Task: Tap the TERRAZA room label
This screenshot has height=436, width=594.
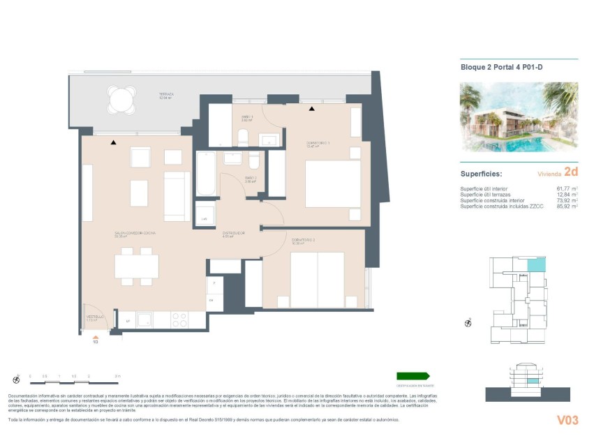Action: [x=165, y=95]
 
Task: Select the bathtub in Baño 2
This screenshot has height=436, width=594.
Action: [x=206, y=174]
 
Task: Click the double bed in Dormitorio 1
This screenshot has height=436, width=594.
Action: [x=332, y=184]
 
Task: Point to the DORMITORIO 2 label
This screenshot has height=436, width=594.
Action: [x=303, y=241]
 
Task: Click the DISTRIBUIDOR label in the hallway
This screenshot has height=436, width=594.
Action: [x=233, y=233]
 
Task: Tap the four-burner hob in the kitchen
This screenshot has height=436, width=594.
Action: [x=179, y=320]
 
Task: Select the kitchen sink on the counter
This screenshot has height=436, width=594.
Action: [x=144, y=320]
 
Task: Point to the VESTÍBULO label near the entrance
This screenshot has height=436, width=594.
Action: [x=95, y=316]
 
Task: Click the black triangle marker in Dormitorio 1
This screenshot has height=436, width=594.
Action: [x=312, y=109]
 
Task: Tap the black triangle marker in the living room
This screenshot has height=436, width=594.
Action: [x=113, y=142]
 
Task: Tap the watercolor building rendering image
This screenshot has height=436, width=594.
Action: [x=519, y=116]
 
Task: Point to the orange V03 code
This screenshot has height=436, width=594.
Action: [x=567, y=420]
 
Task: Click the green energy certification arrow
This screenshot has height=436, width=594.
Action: [x=413, y=376]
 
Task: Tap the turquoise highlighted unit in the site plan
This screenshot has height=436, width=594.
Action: [x=535, y=264]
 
